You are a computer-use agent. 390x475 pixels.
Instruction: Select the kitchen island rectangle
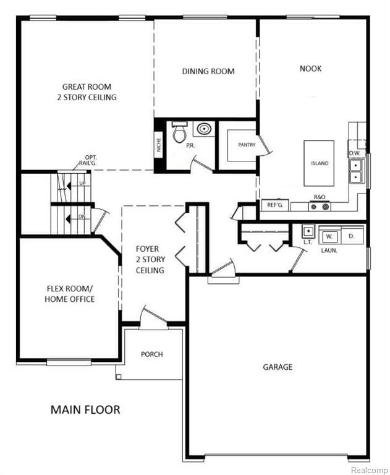pyautogui.click(x=319, y=163)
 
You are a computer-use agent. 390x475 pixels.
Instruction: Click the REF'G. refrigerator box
pyautogui.click(x=275, y=205)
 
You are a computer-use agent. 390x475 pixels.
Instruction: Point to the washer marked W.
pyautogui.click(x=329, y=236)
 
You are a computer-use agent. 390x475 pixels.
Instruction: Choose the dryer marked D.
pyautogui.click(x=352, y=236)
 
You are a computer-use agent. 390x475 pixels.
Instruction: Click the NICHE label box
pyautogui.click(x=159, y=145)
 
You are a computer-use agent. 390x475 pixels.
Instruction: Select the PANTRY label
pyautogui.click(x=247, y=145)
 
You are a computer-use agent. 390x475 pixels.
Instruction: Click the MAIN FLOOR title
pyautogui.click(x=85, y=409)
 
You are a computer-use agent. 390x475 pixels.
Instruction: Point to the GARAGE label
pyautogui.click(x=278, y=367)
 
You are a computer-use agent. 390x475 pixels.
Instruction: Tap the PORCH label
pyautogui.click(x=151, y=354)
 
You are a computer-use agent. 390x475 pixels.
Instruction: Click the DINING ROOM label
pyautogui.click(x=208, y=72)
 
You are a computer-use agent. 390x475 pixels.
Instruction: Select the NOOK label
pyautogui.click(x=311, y=69)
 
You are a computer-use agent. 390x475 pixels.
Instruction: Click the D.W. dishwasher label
pyautogui.click(x=355, y=153)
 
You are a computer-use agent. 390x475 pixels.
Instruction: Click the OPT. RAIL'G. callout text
pyautogui.click(x=88, y=160)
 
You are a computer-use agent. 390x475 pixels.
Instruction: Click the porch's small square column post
pyautogui.click(x=119, y=377)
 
